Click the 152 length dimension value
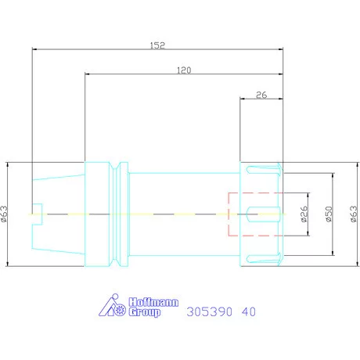(x=157, y=45)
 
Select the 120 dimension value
(x=184, y=70)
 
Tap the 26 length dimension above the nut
(x=261, y=95)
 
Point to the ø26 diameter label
(x=304, y=214)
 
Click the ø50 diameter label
(x=329, y=214)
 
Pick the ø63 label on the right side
(x=354, y=214)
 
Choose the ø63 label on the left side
(x=4, y=214)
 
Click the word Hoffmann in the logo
(x=153, y=302)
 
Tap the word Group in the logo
(x=145, y=312)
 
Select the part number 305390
(x=209, y=311)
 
